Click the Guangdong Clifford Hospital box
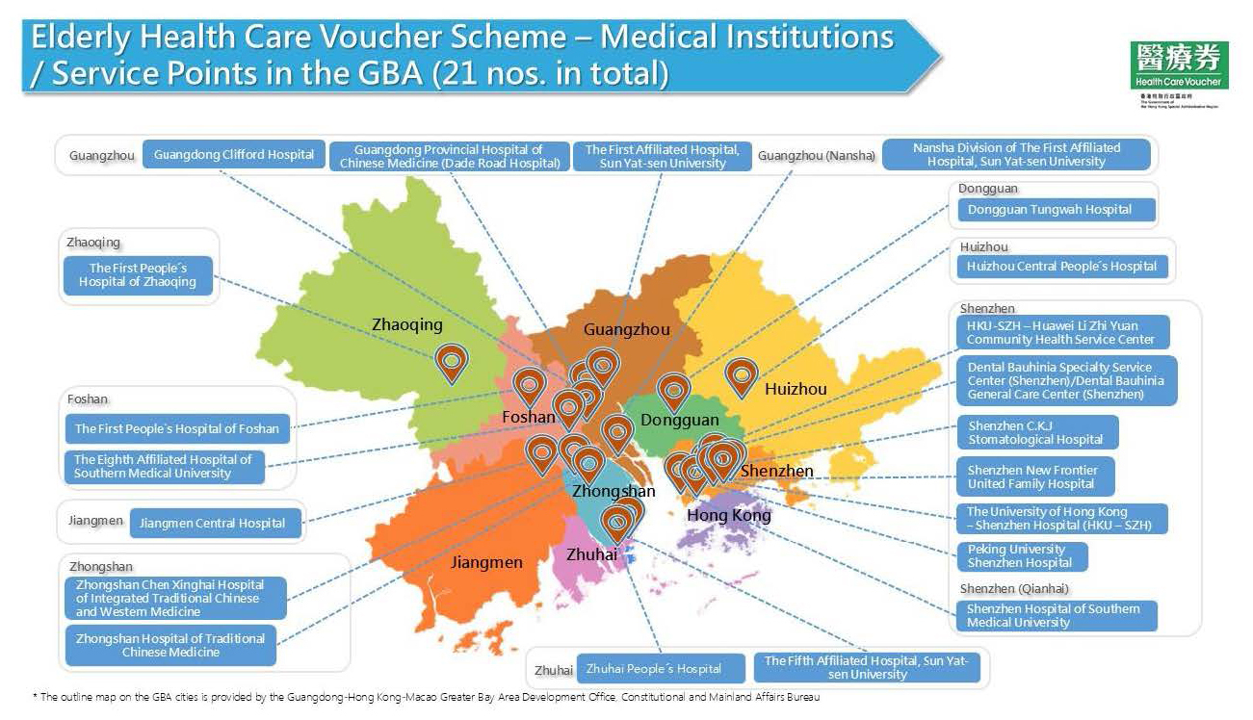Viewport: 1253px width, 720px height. coord(233,154)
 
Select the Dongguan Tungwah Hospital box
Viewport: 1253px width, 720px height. coord(1049,209)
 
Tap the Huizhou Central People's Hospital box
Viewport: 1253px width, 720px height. coord(1060,266)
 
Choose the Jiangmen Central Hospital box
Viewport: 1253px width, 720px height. coord(212,523)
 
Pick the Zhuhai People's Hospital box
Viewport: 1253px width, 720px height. coord(653,668)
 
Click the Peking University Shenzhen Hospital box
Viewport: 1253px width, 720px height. coord(1021,556)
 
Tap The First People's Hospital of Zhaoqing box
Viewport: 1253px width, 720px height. coord(138,275)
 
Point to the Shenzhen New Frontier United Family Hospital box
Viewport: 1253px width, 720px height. coord(1032,476)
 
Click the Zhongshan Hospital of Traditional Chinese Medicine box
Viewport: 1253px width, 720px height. coord(170,645)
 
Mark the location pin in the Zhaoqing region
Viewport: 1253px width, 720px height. coord(450,362)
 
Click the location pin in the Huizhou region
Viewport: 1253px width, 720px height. coord(741,376)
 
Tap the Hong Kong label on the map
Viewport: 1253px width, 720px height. coord(729,516)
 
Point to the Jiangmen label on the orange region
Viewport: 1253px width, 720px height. coord(486,562)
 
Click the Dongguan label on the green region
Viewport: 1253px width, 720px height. coord(680,421)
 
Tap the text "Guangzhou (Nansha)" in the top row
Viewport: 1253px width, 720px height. coord(817,155)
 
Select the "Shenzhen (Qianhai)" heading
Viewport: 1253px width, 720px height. coord(1014,588)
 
